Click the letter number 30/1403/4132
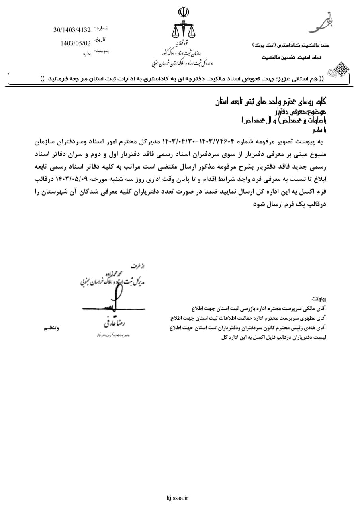point(72,30)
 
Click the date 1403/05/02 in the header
point(76,43)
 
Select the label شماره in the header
point(101,28)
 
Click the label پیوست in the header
point(101,51)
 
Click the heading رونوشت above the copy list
point(318,298)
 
